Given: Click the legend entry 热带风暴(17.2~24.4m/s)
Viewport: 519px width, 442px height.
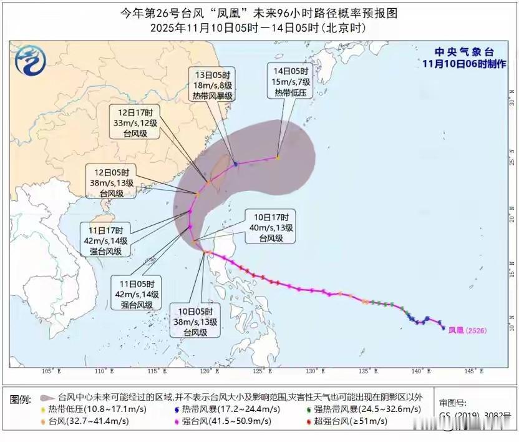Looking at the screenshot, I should pos(230,410).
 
